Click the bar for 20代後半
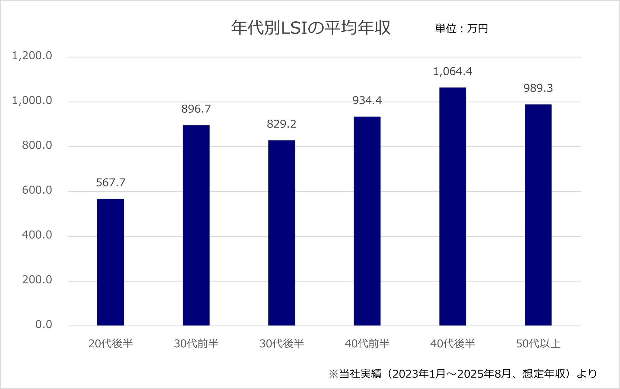(110, 262)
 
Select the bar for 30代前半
(196, 225)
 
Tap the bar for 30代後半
(282, 233)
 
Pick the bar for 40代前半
(367, 221)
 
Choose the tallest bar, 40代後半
(453, 206)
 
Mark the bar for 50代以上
(538, 215)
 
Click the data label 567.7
(110, 183)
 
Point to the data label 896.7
(196, 109)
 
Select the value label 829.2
(282, 124)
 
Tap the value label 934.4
(367, 101)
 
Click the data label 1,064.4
(453, 71)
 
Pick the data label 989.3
(538, 88)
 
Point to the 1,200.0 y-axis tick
(32, 56)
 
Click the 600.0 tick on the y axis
(37, 190)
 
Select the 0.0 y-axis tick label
(44, 324)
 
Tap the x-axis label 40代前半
(367, 343)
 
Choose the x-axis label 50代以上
(538, 343)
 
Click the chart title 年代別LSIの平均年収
(311, 28)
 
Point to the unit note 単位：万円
(461, 29)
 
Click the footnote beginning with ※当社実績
(463, 374)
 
